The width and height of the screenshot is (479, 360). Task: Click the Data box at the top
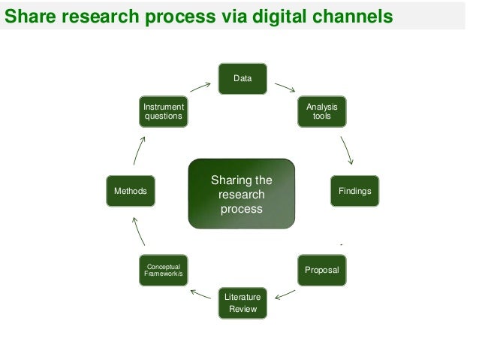click(242, 78)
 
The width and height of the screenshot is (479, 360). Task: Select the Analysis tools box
click(321, 113)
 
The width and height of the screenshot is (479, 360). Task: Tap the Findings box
click(354, 192)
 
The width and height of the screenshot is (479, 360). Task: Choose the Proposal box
click(321, 269)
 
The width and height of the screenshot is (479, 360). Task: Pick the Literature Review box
click(242, 304)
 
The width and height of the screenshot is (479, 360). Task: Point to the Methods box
click(130, 192)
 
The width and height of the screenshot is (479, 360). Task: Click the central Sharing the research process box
click(242, 193)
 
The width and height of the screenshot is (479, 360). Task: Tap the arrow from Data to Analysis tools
click(285, 88)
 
